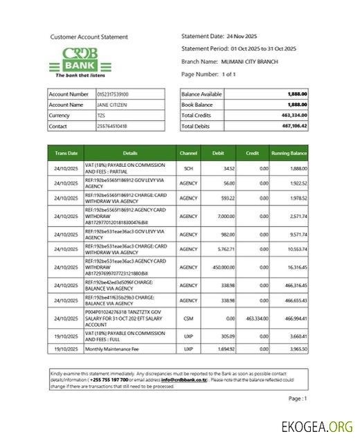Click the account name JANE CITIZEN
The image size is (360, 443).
(x=111, y=105)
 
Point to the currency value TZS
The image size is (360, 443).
(x=101, y=116)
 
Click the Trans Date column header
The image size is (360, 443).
(x=66, y=152)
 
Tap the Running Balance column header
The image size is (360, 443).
(x=289, y=152)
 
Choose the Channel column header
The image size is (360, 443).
(x=188, y=152)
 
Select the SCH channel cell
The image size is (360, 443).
(x=188, y=168)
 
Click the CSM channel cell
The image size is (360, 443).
(x=188, y=318)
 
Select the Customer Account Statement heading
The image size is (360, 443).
(x=89, y=36)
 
